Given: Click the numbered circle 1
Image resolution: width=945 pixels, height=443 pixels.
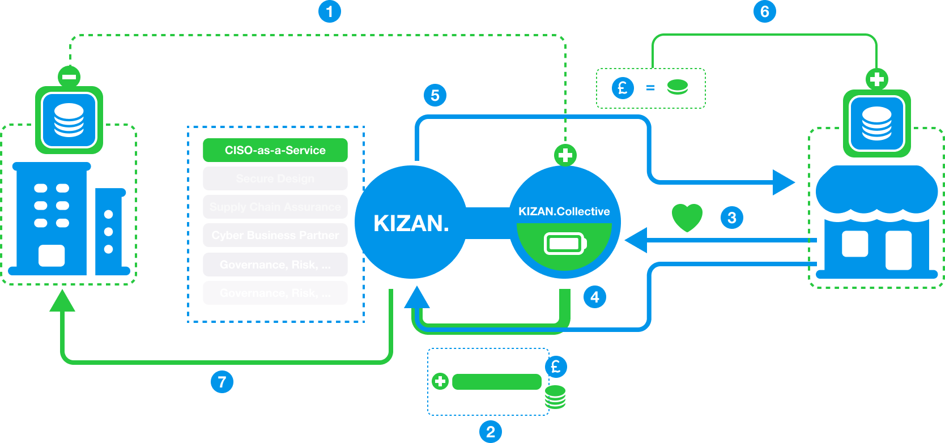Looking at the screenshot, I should pyautogui.click(x=330, y=11).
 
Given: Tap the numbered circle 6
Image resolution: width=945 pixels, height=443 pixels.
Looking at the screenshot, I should pyautogui.click(x=764, y=11).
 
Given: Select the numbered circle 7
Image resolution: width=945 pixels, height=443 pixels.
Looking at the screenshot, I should pyautogui.click(x=222, y=382).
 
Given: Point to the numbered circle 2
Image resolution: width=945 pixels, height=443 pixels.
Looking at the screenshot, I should pyautogui.click(x=491, y=432).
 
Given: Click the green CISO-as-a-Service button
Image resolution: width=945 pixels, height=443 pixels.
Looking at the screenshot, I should pyautogui.click(x=275, y=150).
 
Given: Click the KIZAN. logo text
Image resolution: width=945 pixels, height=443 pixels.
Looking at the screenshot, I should pyautogui.click(x=411, y=223).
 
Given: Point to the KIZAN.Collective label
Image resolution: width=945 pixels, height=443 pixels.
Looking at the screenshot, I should pyautogui.click(x=564, y=211).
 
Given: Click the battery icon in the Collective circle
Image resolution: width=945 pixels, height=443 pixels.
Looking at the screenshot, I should pyautogui.click(x=565, y=244).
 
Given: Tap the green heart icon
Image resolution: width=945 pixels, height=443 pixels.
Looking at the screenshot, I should pyautogui.click(x=687, y=218).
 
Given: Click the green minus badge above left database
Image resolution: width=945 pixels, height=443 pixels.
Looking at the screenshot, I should pyautogui.click(x=69, y=76).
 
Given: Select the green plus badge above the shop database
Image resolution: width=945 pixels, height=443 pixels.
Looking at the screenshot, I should pyautogui.click(x=876, y=79).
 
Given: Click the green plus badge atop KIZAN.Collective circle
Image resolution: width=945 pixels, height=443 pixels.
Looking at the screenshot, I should pyautogui.click(x=565, y=155).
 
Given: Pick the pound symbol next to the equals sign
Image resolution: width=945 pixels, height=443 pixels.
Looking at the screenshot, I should pyautogui.click(x=623, y=88).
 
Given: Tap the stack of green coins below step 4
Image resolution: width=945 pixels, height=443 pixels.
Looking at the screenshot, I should pyautogui.click(x=555, y=397).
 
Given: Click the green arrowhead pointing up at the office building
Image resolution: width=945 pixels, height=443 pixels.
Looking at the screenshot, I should pyautogui.click(x=62, y=301).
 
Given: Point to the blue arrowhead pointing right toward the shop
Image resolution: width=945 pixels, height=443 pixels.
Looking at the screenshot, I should pyautogui.click(x=784, y=182).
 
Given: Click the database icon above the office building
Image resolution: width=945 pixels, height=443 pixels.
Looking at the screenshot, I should pyautogui.click(x=69, y=120).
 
